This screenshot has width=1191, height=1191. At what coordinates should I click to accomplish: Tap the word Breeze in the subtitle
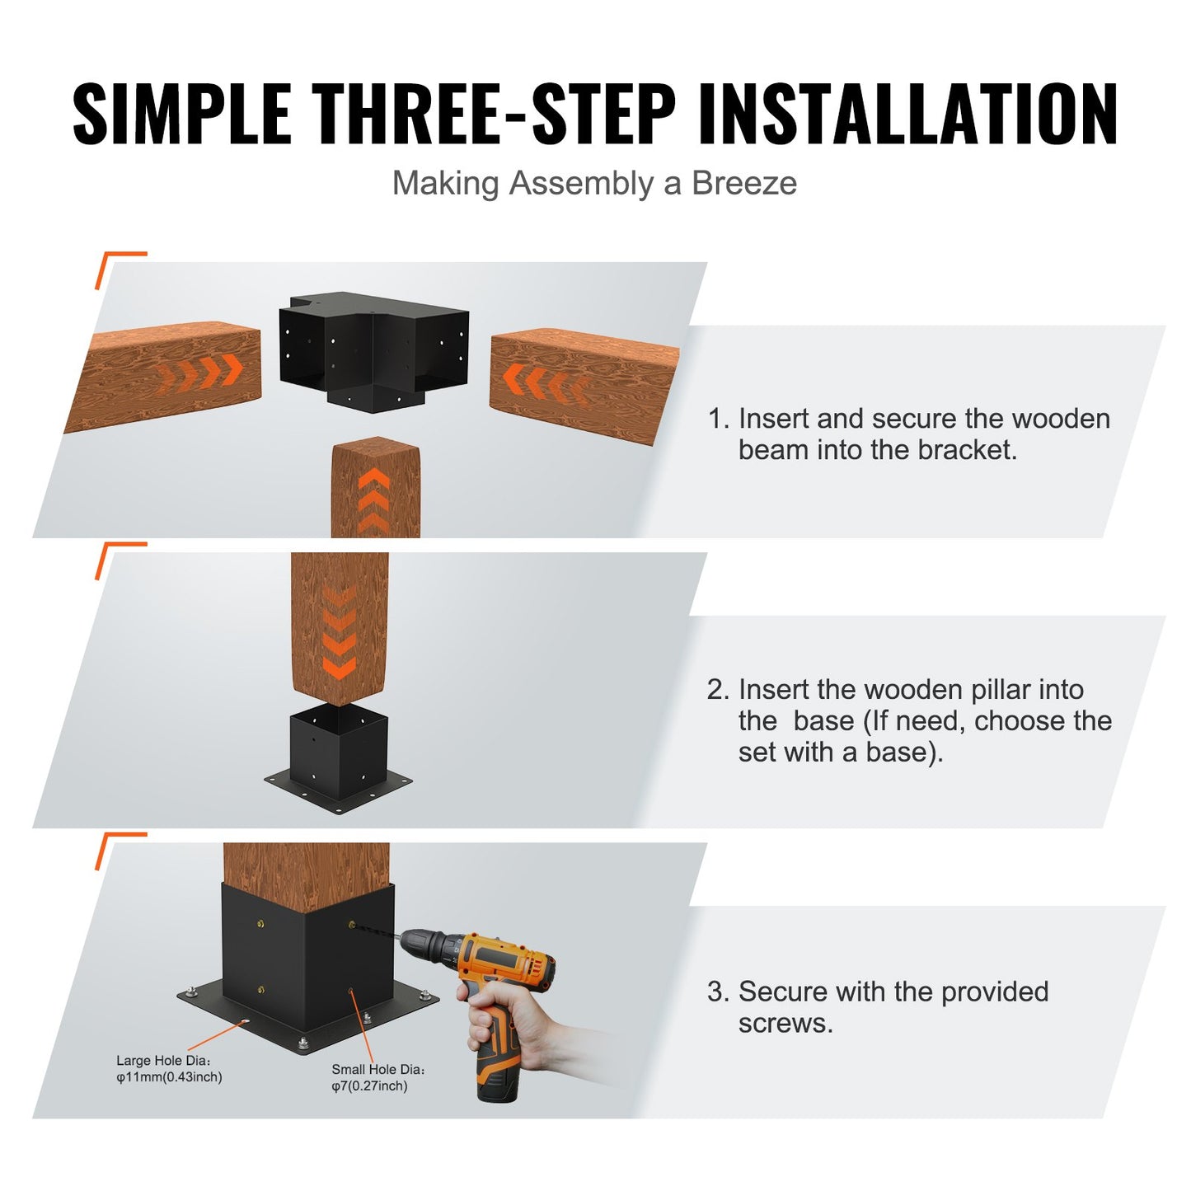[743, 183]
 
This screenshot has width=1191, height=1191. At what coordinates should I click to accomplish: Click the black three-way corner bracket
[373, 349]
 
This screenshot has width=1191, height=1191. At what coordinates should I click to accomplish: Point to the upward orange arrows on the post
[374, 499]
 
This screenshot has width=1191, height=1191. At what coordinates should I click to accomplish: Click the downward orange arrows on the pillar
[339, 631]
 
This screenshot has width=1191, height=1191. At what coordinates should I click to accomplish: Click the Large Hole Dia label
[162, 1061]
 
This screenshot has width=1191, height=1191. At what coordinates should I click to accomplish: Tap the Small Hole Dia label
[377, 1069]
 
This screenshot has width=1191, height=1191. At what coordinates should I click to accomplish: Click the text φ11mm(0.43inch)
[169, 1077]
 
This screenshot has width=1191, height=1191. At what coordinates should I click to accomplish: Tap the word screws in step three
[785, 1024]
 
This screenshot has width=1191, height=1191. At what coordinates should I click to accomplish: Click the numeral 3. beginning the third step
[717, 992]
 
